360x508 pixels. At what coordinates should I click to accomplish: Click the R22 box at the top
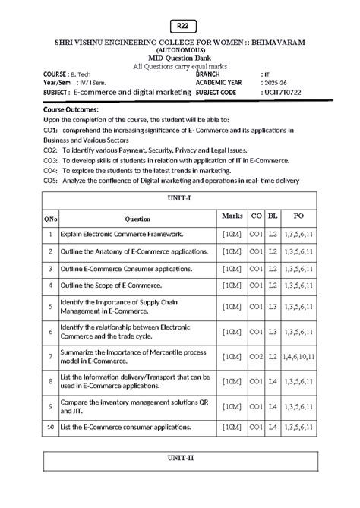pos(180,25)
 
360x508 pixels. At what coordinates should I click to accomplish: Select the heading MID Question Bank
pos(180,58)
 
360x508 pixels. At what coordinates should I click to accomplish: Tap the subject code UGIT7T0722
pos(284,92)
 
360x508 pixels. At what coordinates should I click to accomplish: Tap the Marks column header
pos(232,216)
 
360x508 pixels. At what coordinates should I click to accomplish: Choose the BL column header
pos(273,216)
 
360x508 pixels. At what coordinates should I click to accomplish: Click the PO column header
pos(302,216)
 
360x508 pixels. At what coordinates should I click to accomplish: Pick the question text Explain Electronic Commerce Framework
pos(111,235)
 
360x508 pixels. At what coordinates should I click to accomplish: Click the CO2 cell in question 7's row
pos(256,356)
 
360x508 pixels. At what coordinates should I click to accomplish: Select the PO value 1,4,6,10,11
pos(302,356)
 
